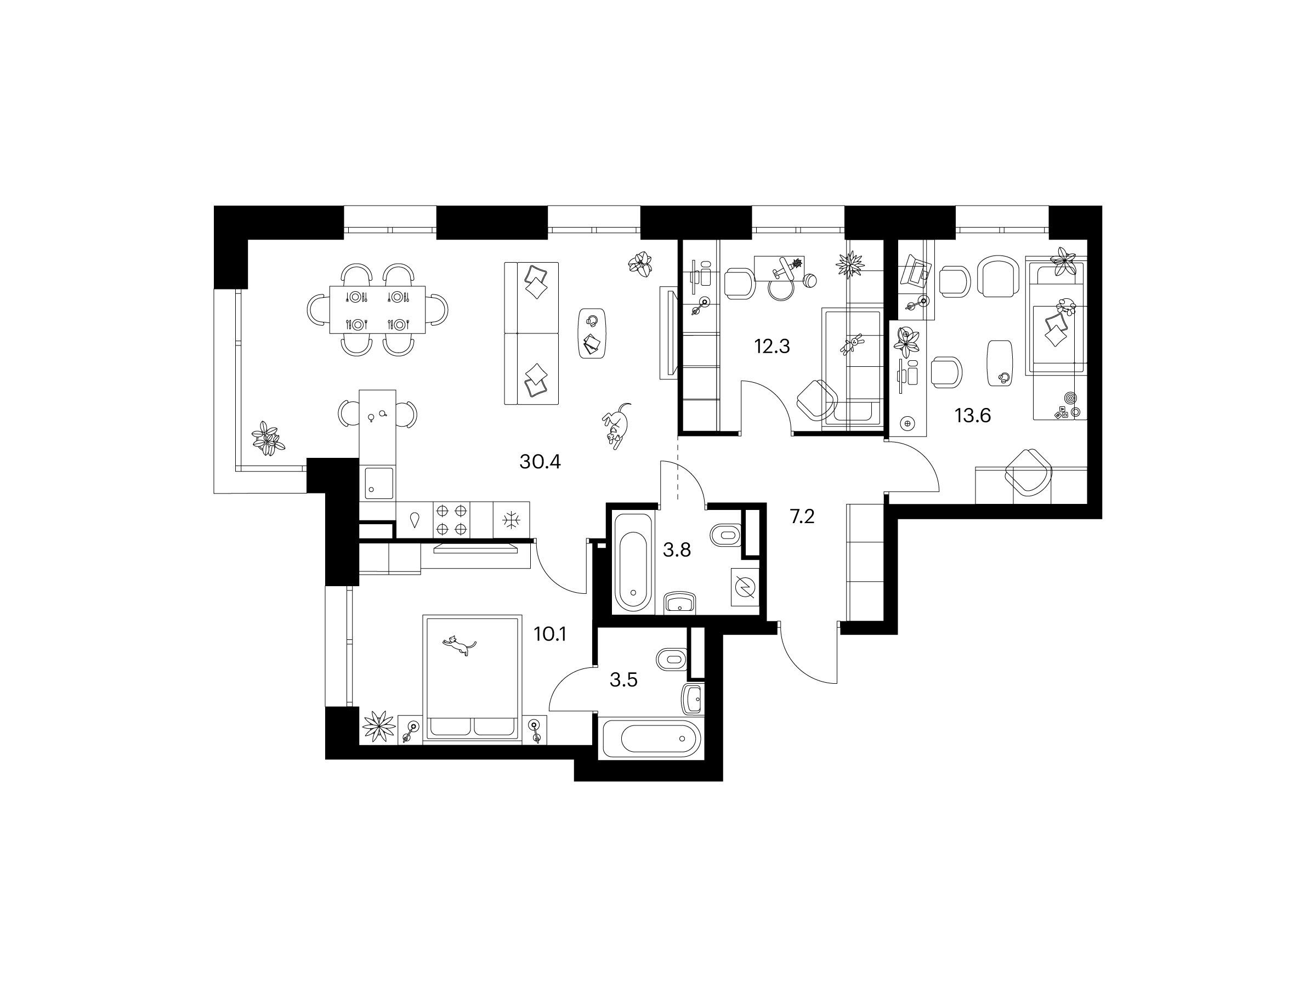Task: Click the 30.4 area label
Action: point(540,462)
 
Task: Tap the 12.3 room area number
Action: point(772,345)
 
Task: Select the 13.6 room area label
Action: point(973,416)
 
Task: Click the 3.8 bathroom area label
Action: point(677,551)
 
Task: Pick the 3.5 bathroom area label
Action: point(623,680)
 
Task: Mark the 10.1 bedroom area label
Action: point(550,635)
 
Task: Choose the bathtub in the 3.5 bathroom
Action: point(653,740)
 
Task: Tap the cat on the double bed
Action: point(459,645)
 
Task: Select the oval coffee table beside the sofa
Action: point(593,333)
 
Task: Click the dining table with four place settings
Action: point(378,310)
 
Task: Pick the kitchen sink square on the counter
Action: point(377,484)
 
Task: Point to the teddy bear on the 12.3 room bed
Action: point(849,345)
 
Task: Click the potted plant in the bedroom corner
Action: point(379,727)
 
